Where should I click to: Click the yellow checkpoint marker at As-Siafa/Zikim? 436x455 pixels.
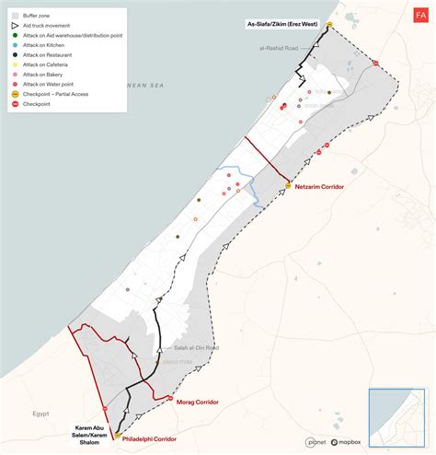coord(329,24)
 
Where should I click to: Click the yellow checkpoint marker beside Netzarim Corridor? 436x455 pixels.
coord(289,186)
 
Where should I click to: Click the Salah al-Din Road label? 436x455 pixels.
coord(195,348)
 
